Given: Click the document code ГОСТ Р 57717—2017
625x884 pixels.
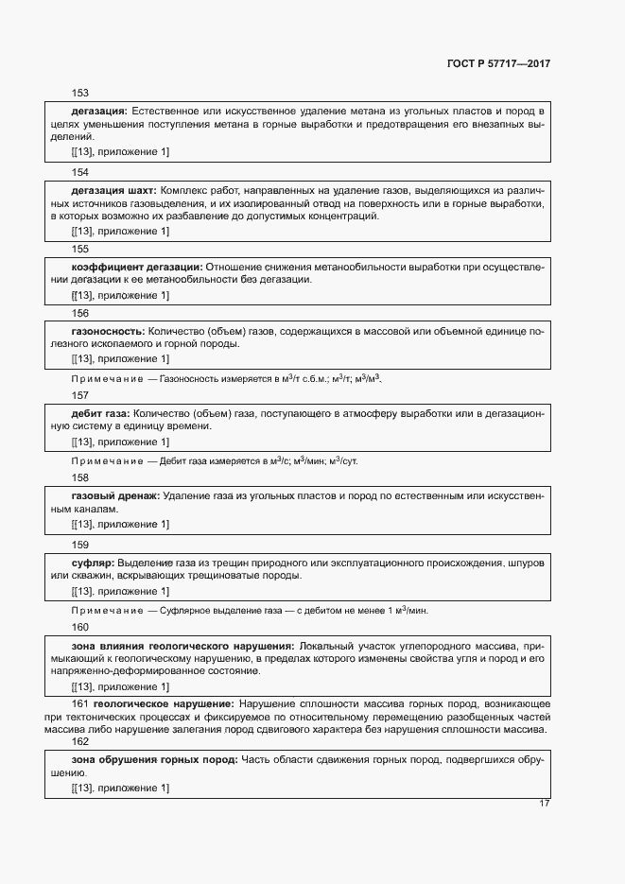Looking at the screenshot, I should pyautogui.click(x=497, y=63).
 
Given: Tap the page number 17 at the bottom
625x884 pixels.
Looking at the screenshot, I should pyautogui.click(x=544, y=804).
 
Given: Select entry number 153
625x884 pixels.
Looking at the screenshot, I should pyautogui.click(x=80, y=93).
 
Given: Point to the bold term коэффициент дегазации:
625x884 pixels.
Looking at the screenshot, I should pyautogui.click(x=136, y=267).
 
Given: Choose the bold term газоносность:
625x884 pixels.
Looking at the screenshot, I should pyautogui.click(x=107, y=332).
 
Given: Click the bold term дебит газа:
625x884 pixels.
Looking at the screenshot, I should pyautogui.click(x=101, y=413).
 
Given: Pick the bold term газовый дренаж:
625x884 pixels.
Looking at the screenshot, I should pyautogui.click(x=115, y=495).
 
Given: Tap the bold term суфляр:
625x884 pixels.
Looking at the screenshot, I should pyautogui.click(x=92, y=563).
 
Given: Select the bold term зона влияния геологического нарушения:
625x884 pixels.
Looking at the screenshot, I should pyautogui.click(x=182, y=645).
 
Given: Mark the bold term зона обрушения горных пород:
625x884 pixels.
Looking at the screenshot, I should pyautogui.click(x=154, y=759).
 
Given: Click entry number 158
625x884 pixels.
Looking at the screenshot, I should pyautogui.click(x=80, y=478).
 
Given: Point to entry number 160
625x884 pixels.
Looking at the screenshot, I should pyautogui.click(x=80, y=627).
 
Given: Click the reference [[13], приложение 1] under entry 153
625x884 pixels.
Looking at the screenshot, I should pyautogui.click(x=120, y=151).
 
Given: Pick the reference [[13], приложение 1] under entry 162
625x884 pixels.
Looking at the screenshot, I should pyautogui.click(x=120, y=788).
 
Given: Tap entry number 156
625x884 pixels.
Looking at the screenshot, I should pyautogui.click(x=80, y=313).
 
